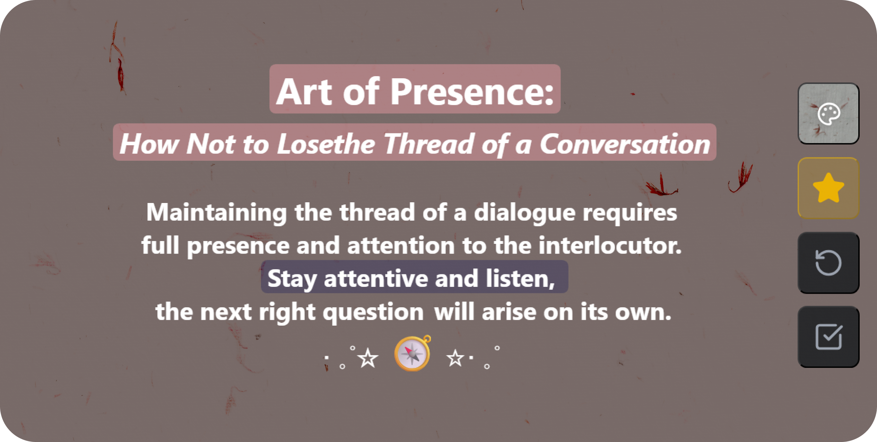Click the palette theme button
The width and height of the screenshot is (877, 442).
(x=828, y=113)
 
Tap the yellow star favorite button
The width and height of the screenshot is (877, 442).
(x=828, y=188)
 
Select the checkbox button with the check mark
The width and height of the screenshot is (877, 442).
(x=828, y=337)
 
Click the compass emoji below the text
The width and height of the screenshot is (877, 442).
(x=413, y=353)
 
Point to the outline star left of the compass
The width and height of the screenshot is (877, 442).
(x=368, y=358)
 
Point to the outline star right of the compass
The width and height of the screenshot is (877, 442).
(x=455, y=358)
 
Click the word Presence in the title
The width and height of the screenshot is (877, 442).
(x=472, y=91)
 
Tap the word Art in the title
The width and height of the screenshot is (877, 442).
(x=304, y=91)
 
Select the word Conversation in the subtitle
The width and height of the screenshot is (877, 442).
(x=625, y=144)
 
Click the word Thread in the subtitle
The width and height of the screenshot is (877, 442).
(x=429, y=144)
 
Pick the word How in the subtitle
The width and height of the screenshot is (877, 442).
(x=149, y=144)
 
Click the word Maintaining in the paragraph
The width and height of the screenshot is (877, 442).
(x=217, y=213)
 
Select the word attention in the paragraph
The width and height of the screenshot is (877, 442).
(x=401, y=245)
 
